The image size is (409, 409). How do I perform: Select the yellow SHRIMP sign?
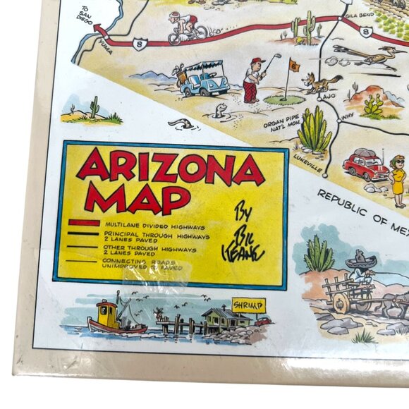[248, 305]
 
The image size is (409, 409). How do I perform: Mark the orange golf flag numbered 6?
[293, 66]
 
